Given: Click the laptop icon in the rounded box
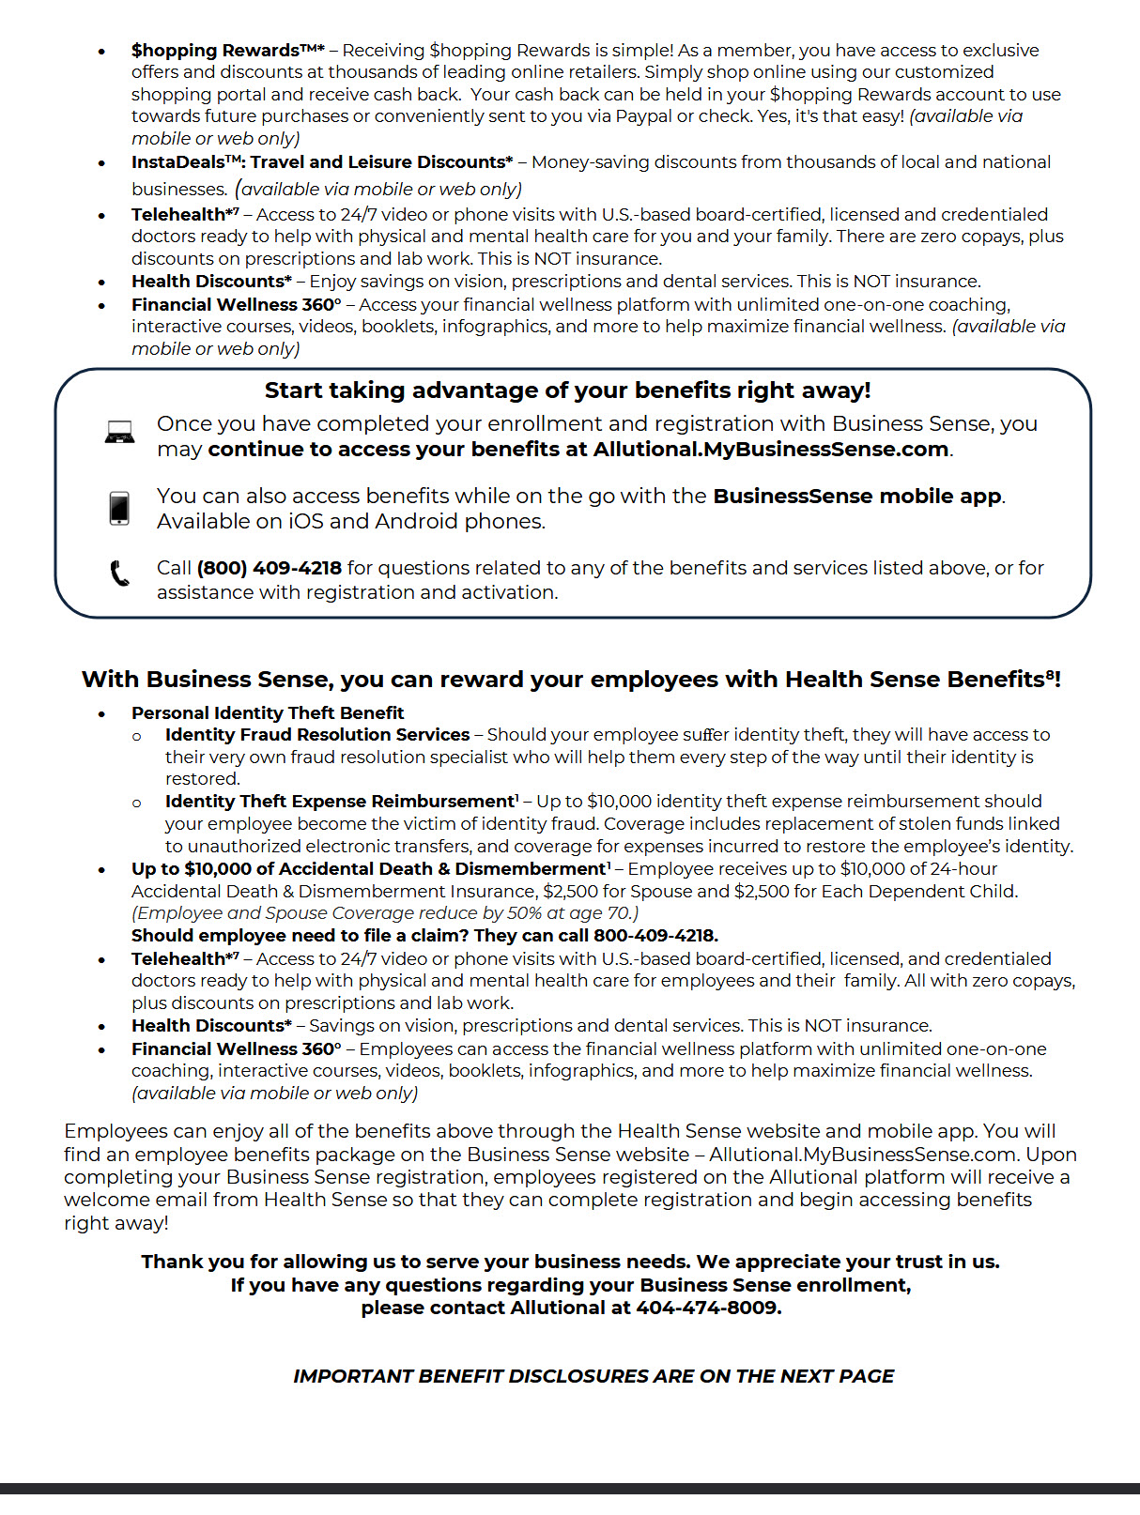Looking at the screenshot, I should [x=119, y=433].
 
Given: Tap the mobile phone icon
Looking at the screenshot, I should [x=119, y=508].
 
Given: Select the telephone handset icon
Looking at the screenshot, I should [x=119, y=573].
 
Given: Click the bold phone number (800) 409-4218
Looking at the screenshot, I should [x=269, y=568].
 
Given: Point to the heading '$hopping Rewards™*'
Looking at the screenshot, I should [x=227, y=50].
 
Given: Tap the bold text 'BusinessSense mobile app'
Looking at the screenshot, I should [x=856, y=496].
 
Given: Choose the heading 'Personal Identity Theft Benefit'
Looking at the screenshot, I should [x=268, y=713].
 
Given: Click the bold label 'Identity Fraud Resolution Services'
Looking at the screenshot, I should [x=317, y=735].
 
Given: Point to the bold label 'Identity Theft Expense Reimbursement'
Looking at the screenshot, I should [x=340, y=802].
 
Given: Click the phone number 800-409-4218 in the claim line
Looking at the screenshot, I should [x=655, y=936].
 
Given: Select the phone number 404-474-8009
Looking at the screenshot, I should [x=707, y=1308].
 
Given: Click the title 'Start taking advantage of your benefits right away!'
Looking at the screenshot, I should [x=567, y=390].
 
